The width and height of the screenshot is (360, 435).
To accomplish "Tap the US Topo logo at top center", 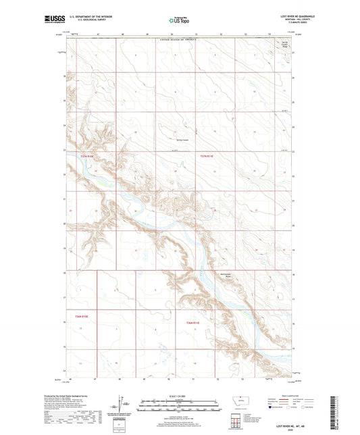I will click(x=179, y=21).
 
